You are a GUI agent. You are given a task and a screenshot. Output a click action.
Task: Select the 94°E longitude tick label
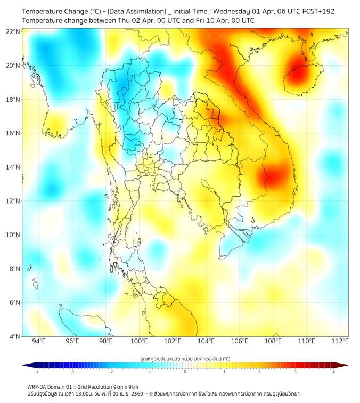39,342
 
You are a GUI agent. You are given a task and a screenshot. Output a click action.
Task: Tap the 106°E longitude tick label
240,342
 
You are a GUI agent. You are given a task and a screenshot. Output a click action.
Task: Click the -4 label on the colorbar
37,372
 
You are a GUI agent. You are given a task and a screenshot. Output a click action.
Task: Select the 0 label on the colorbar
185,372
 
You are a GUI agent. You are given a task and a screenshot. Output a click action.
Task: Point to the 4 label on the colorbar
334,372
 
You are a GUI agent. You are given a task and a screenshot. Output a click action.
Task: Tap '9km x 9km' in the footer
126,386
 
